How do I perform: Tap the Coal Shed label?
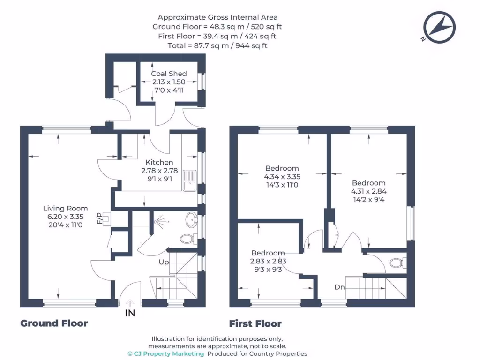169,74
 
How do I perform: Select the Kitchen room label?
159,162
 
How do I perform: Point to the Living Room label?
65,208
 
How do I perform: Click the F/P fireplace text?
99,218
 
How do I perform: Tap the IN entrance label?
130,313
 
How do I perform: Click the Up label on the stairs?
164,262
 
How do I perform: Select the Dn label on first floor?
340,287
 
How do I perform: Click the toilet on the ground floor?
188,239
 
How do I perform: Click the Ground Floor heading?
54,323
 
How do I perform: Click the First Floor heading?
255,323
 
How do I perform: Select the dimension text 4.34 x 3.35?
282,177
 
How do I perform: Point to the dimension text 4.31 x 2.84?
368,191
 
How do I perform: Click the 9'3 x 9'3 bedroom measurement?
268,269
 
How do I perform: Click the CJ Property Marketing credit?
166,353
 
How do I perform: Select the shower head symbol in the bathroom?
161,219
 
